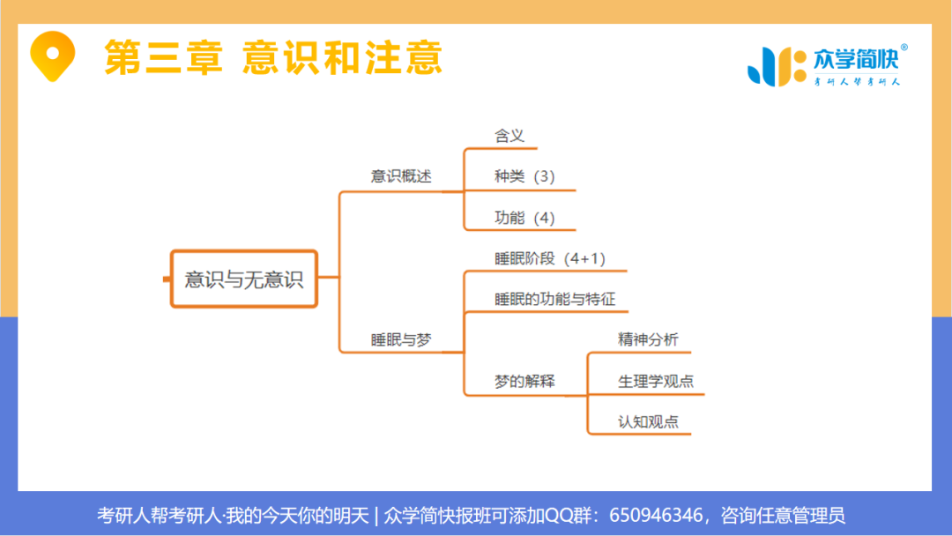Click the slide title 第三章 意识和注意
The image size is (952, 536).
(x=272, y=57)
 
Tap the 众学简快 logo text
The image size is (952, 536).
(x=853, y=60)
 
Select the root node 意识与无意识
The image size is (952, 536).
(x=243, y=279)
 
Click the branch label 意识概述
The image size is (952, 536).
(x=401, y=176)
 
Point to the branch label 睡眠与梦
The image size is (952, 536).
(x=401, y=339)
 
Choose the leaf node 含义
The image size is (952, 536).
(x=509, y=135)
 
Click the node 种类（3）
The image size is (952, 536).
(x=524, y=176)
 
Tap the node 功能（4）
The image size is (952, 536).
(x=524, y=218)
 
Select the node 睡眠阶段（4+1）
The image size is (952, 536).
(x=549, y=258)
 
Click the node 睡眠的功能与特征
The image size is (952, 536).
(x=554, y=299)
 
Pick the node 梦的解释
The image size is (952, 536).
(x=524, y=382)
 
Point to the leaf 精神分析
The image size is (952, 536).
(x=648, y=339)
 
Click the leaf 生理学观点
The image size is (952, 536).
(x=656, y=381)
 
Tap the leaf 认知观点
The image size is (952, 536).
(x=648, y=421)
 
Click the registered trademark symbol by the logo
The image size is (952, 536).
(x=904, y=48)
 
